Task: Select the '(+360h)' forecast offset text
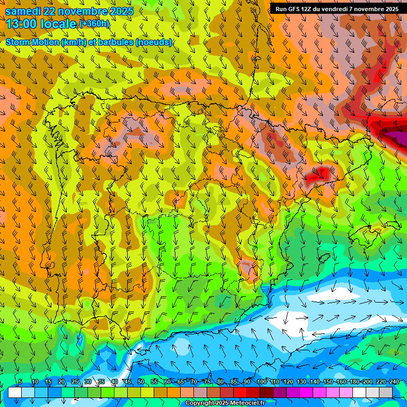94,24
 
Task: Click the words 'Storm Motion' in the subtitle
32,42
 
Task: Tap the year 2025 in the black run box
391,9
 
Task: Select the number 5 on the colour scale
20,382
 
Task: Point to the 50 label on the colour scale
141,382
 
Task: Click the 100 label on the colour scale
262,382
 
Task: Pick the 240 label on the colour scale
394,382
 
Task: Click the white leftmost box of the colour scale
15,392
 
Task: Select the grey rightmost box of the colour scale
386,392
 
